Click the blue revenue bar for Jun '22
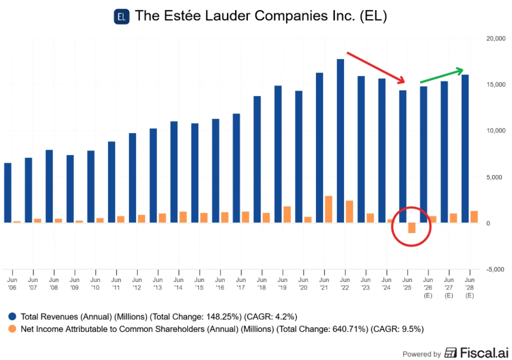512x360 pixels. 340,141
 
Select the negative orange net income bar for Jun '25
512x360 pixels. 411,228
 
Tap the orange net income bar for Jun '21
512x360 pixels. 328,209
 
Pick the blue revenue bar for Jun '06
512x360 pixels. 8,192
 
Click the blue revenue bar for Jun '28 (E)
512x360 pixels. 465,148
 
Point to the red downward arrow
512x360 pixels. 375,67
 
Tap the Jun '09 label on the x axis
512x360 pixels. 74,283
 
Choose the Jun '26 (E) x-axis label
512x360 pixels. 428,287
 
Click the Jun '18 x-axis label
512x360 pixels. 262,283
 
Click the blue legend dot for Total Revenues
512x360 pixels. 11,316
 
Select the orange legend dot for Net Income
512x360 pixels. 11,328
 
